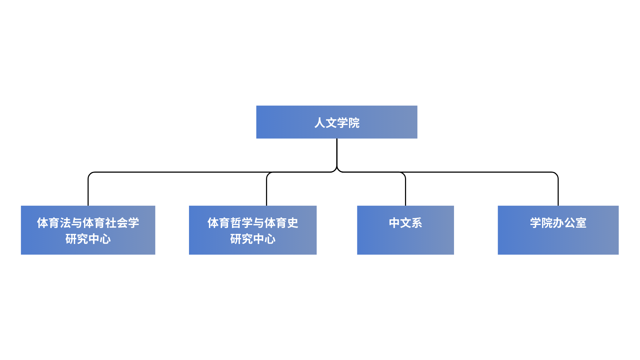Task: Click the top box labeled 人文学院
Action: click(x=337, y=122)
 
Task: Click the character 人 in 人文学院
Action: click(x=320, y=123)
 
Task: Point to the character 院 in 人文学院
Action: click(x=354, y=123)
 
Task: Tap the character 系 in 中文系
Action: click(x=417, y=223)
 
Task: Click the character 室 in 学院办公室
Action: click(x=581, y=223)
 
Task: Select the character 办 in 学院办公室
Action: click(x=558, y=223)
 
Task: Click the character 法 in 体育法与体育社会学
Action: click(x=65, y=223)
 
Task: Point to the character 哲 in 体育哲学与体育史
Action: click(x=236, y=223)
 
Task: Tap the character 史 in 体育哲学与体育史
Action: click(x=293, y=223)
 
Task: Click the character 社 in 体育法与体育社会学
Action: click(x=111, y=223)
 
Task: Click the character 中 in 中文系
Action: click(x=394, y=223)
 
